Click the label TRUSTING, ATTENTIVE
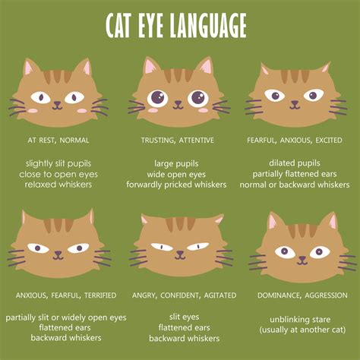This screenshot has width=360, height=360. (x=177, y=141)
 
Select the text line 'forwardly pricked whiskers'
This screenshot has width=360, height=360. (x=177, y=185)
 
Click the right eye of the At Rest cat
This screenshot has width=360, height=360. (x=74, y=97)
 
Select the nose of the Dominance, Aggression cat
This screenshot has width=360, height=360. (x=302, y=258)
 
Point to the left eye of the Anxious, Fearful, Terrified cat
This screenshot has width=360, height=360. (x=39, y=248)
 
